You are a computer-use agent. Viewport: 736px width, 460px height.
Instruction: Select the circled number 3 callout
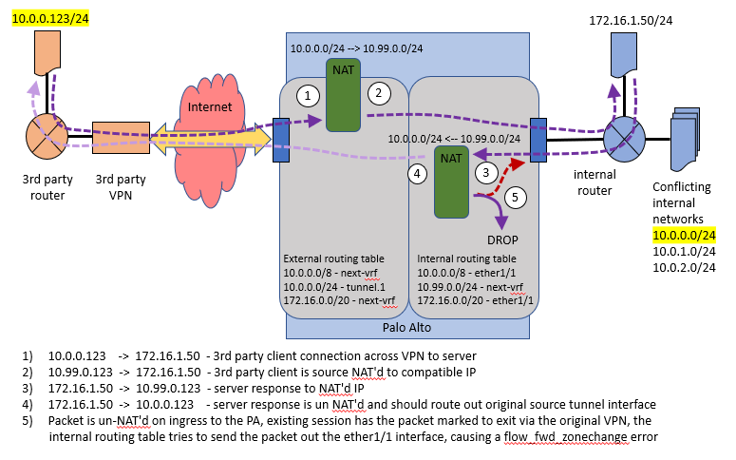(x=486, y=172)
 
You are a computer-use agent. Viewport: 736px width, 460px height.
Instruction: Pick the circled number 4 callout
(x=415, y=174)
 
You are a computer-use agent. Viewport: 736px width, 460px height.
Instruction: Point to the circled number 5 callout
(x=514, y=199)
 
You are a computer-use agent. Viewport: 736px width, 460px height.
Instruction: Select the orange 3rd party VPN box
(x=120, y=140)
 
